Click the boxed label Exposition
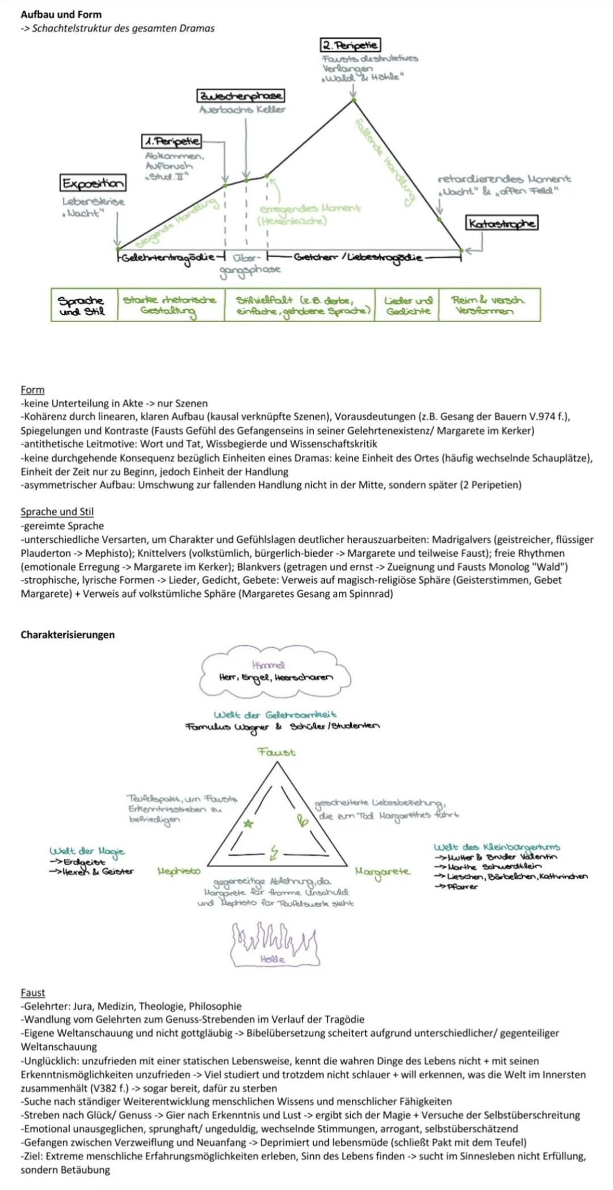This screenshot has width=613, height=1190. click(93, 183)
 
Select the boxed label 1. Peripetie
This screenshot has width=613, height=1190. click(171, 140)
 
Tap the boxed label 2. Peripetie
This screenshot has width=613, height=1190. click(350, 45)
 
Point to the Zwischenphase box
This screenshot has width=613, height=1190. click(241, 95)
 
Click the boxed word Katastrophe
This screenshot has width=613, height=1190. click(501, 223)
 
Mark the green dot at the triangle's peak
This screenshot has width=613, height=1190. click(353, 100)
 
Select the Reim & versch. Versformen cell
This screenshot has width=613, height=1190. click(489, 305)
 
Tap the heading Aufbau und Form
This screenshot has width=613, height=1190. click(61, 14)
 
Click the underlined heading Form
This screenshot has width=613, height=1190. click(32, 390)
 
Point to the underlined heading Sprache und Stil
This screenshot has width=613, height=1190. click(57, 511)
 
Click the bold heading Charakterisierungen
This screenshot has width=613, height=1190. click(68, 634)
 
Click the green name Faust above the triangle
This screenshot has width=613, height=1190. click(276, 752)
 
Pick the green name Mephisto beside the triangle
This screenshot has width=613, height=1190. click(179, 871)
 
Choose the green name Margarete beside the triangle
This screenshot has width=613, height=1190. click(382, 871)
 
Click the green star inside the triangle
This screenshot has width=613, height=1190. click(248, 823)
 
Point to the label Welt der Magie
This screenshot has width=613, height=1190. click(87, 851)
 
